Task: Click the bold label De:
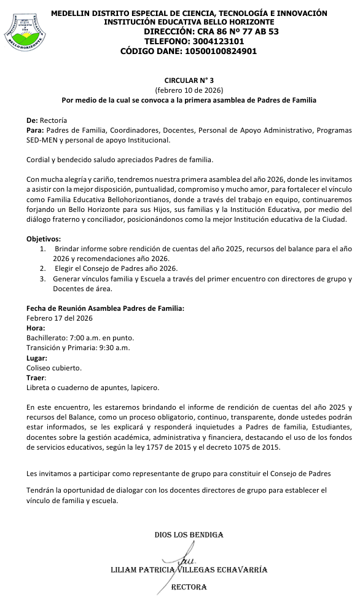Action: [x=32, y=120]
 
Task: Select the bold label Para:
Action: [x=35, y=130]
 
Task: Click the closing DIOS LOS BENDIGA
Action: [x=189, y=535]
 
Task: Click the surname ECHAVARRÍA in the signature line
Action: [x=240, y=569]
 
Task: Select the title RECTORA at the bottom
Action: [x=189, y=587]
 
